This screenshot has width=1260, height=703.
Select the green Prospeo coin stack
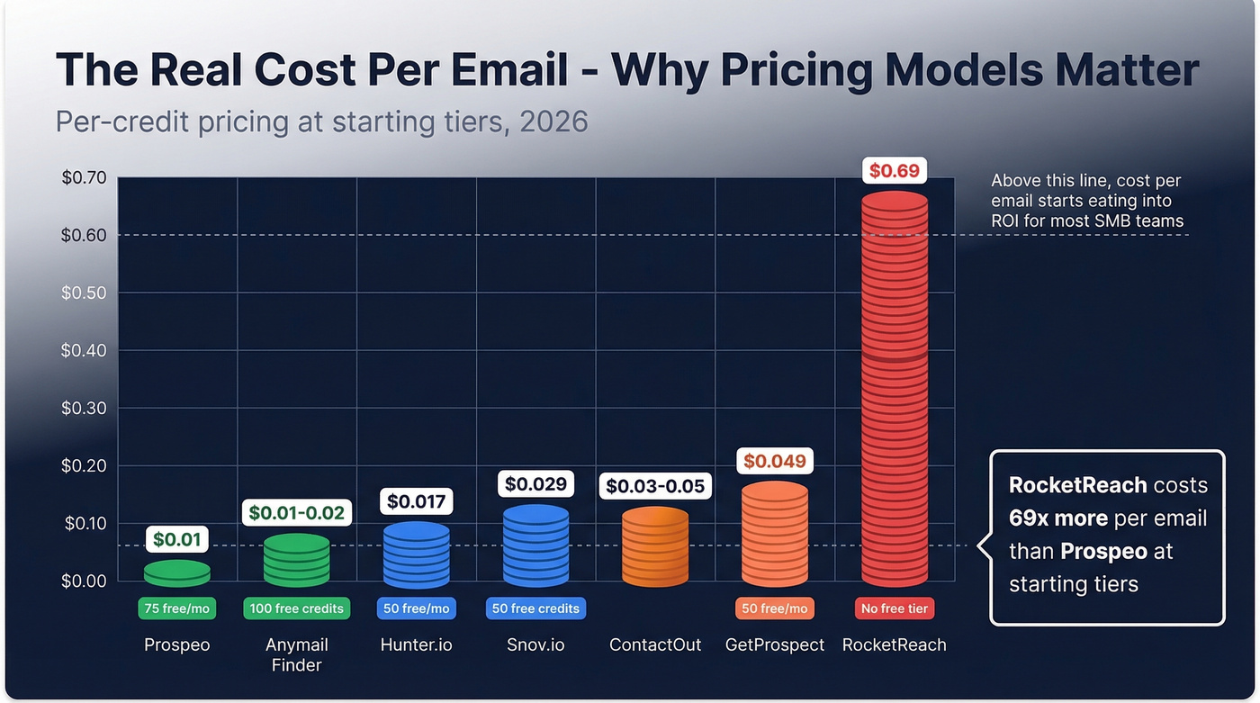click(177, 572)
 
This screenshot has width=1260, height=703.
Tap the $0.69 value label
click(894, 170)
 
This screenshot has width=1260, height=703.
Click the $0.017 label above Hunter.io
click(416, 500)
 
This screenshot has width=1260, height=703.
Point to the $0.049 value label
click(774, 462)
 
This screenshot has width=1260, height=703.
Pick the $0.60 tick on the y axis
click(84, 235)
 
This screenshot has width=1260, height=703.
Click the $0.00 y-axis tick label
click(84, 581)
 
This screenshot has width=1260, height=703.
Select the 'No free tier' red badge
click(894, 608)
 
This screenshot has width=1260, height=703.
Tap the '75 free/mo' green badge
click(176, 608)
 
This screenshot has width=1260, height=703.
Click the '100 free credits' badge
click(296, 608)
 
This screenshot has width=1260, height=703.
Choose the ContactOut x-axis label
click(654, 644)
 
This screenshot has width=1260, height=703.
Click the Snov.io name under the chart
click(535, 644)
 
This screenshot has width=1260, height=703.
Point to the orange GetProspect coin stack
click(775, 534)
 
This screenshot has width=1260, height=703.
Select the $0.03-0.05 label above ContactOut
click(655, 486)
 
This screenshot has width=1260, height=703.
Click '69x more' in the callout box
click(1057, 518)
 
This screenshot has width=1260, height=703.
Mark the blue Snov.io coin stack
click(535, 545)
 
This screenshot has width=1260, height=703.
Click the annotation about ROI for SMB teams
click(1086, 200)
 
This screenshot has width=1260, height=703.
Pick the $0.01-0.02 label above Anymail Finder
click(296, 512)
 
